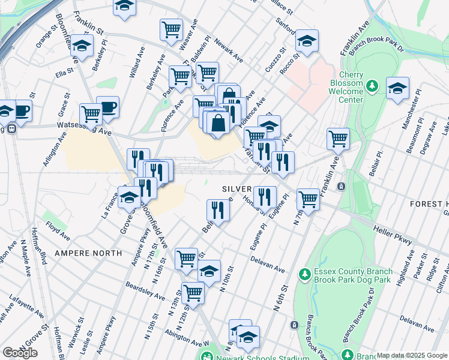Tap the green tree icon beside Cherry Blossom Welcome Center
(x=372, y=86)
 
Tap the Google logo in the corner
(x=20, y=352)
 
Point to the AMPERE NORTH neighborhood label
(x=88, y=253)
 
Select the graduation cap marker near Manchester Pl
(x=397, y=88)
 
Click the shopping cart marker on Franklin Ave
(x=339, y=139)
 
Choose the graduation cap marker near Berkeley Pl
(x=82, y=46)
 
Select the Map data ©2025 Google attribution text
(x=412, y=355)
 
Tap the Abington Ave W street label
(x=188, y=346)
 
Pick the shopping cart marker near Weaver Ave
(x=172, y=29)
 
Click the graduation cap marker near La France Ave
(x=130, y=197)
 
